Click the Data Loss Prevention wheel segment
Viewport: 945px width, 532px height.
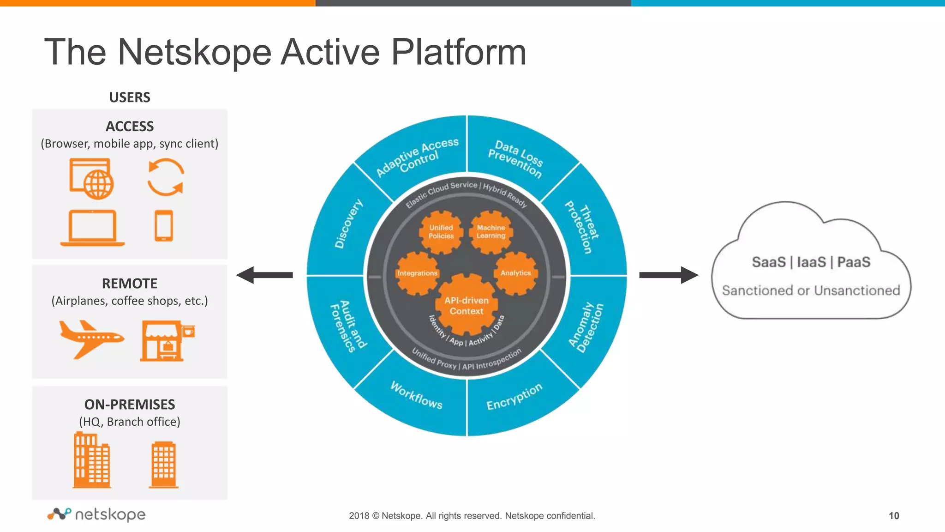tap(515, 158)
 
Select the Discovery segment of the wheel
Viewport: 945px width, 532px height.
tap(348, 224)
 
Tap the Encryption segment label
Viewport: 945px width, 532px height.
tap(514, 397)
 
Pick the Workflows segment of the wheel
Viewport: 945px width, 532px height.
tap(416, 395)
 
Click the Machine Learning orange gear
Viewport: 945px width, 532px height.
tap(491, 232)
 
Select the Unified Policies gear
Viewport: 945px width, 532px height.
tap(441, 232)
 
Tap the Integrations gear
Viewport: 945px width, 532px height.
tap(417, 273)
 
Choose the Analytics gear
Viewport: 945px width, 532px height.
tap(516, 273)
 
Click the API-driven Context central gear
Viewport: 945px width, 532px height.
tap(467, 305)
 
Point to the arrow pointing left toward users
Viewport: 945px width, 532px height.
tap(265, 275)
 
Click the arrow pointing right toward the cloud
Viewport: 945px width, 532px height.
tap(668, 275)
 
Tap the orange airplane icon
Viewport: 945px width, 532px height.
tap(90, 339)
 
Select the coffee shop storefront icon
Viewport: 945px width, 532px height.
tap(166, 341)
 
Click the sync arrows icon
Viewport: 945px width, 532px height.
tap(166, 177)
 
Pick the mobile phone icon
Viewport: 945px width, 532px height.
tap(164, 226)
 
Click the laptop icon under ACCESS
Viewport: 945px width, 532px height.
tap(92, 228)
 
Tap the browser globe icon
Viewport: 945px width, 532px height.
tap(92, 179)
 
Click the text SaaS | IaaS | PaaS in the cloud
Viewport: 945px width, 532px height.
tap(811, 262)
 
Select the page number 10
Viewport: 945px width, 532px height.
tap(893, 516)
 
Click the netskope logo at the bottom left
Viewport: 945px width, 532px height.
tap(96, 514)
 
